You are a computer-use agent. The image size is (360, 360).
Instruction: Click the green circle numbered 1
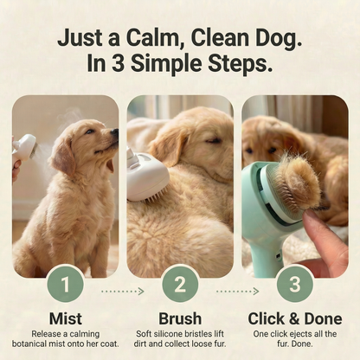66,284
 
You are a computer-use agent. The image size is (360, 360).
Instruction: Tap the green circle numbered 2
180,284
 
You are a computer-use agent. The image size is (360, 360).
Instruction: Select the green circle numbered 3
294,284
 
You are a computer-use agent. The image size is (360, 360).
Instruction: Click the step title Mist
66,318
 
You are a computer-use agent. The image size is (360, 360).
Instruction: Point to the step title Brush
180,318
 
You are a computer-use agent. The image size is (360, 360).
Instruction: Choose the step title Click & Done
294,318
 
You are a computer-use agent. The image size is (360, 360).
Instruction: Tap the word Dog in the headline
274,38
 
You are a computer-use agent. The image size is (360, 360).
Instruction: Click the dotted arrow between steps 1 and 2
122,291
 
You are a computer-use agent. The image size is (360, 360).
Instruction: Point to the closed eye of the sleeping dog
211,139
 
